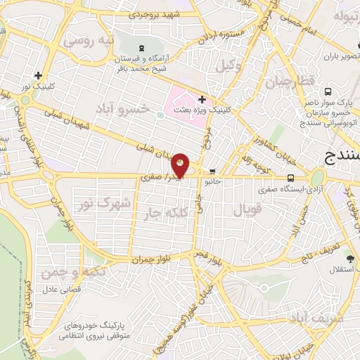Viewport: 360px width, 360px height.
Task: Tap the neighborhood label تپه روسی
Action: coord(88,41)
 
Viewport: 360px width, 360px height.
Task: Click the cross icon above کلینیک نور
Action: coord(38,75)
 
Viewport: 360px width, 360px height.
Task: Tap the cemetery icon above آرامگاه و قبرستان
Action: coord(143,48)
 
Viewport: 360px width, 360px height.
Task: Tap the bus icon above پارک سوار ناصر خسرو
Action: coord(328,91)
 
